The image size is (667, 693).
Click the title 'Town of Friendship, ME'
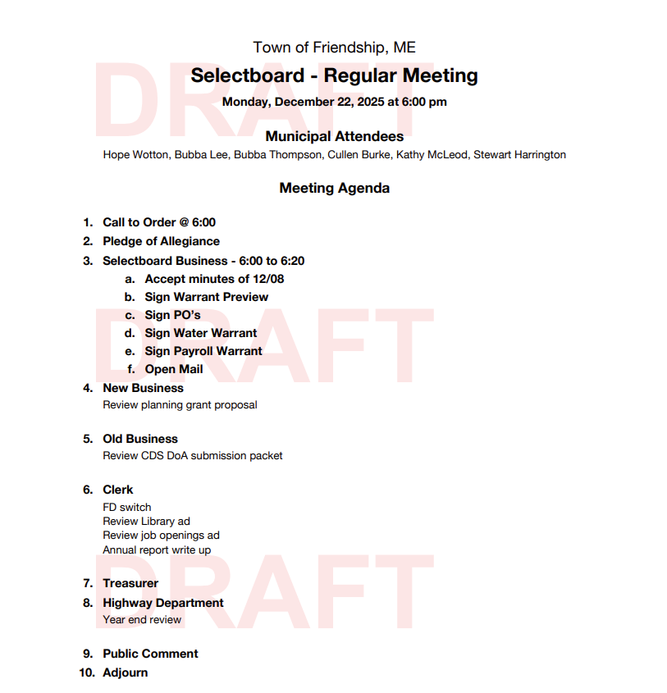[334, 48]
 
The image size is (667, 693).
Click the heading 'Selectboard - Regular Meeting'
[334, 76]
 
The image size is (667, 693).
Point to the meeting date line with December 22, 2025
[334, 103]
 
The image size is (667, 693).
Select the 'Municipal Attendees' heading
[334, 136]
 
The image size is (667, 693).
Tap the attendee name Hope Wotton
[135, 154]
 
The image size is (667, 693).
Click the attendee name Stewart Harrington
[519, 154]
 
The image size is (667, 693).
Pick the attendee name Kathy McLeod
[432, 154]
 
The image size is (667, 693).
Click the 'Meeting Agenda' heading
[334, 188]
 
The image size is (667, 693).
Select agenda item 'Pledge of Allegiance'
[161, 241]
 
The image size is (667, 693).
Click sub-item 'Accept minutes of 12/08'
[214, 279]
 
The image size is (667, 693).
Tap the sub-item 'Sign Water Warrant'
[201, 333]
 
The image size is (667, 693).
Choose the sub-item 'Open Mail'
[174, 369]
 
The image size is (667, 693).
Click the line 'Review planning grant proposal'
[180, 404]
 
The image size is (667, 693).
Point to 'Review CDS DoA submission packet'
[192, 455]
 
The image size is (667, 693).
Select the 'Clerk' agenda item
[117, 490]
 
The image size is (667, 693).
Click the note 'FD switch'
[126, 507]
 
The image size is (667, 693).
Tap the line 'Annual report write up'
[157, 549]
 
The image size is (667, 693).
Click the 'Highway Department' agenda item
[162, 603]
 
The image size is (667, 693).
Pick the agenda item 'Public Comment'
[150, 654]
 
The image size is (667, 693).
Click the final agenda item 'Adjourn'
[125, 672]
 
